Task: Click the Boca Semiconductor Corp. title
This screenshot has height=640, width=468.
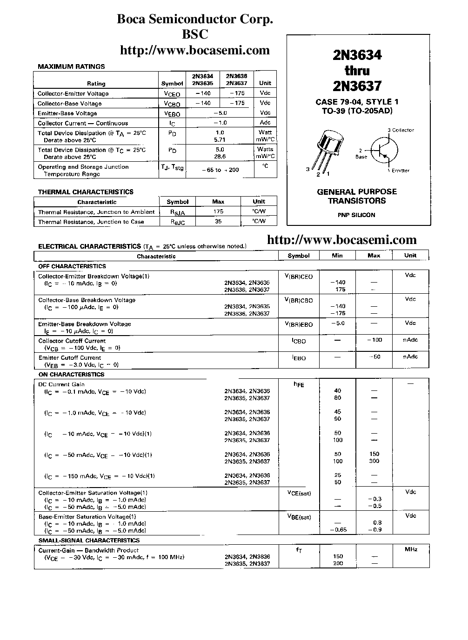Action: (194, 20)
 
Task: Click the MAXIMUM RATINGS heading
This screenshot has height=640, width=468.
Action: (71, 66)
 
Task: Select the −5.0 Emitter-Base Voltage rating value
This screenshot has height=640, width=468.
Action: (220, 113)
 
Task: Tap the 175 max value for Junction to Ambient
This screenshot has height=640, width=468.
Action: (218, 211)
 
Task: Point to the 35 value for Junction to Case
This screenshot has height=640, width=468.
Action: (218, 222)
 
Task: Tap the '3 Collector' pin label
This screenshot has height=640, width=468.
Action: (401, 130)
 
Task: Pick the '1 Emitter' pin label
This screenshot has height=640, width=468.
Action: (398, 171)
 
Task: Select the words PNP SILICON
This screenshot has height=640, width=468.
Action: (356, 215)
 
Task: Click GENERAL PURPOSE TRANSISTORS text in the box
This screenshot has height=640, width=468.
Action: (357, 196)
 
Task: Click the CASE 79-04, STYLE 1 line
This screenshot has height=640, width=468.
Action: (357, 102)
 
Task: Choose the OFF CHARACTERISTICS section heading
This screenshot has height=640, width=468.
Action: (72, 266)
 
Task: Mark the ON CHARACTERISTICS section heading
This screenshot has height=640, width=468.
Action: (71, 374)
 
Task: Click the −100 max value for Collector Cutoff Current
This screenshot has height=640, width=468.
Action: (374, 340)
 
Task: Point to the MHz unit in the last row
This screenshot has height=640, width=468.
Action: (411, 549)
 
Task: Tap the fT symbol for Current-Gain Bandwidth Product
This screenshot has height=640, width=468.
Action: (299, 550)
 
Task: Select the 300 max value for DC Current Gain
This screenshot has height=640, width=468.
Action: (374, 461)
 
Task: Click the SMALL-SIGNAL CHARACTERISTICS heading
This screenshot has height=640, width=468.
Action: (89, 541)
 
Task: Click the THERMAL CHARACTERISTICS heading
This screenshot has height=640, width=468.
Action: (86, 191)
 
